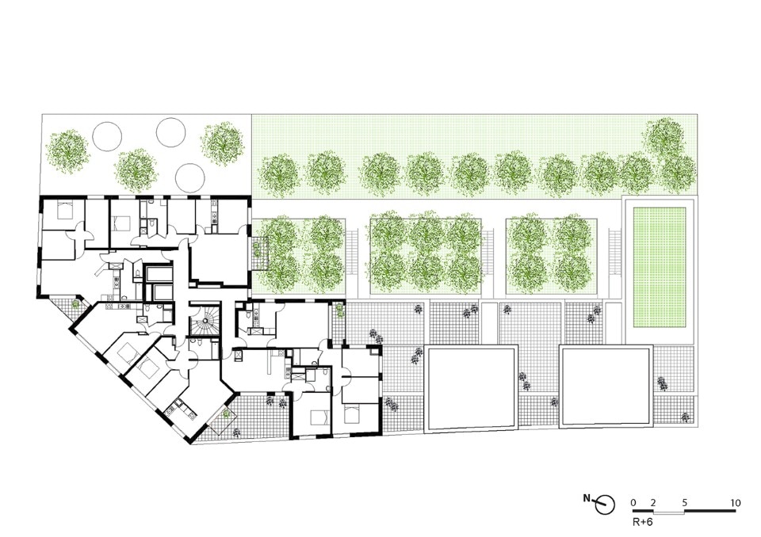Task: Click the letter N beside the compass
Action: pyautogui.click(x=587, y=498)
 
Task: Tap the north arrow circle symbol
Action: pyautogui.click(x=606, y=505)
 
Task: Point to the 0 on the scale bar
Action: pyautogui.click(x=633, y=503)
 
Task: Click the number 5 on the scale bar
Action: pyautogui.click(x=685, y=503)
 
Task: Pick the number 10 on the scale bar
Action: pyautogui.click(x=736, y=503)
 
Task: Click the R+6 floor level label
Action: pyautogui.click(x=642, y=523)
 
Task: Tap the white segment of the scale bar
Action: pyautogui.click(x=668, y=512)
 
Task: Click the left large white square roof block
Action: pyautogui.click(x=472, y=387)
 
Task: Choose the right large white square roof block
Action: pyautogui.click(x=606, y=387)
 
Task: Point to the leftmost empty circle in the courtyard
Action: pyautogui.click(x=107, y=135)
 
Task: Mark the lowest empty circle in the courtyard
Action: pyautogui.click(x=189, y=178)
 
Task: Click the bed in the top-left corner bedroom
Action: pyautogui.click(x=64, y=210)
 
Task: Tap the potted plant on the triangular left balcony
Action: pyautogui.click(x=75, y=304)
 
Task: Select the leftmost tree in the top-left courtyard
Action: pyautogui.click(x=67, y=150)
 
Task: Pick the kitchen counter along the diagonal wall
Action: pyautogui.click(x=180, y=409)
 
